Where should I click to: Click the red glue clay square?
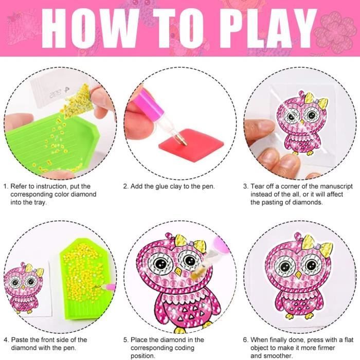[x=191, y=145]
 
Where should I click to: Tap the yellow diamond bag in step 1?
[x=78, y=101]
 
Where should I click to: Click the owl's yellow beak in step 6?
[x=298, y=274]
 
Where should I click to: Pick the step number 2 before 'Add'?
[x=125, y=186]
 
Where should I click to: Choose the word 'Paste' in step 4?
[x=20, y=340]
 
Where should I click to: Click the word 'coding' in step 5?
[x=183, y=348]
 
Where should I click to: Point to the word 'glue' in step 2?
[x=162, y=186]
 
